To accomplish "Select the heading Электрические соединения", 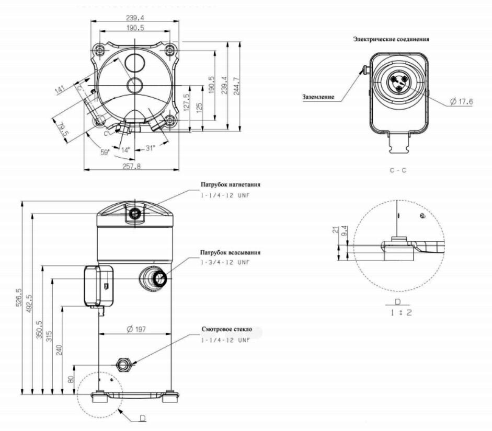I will coord(391,39).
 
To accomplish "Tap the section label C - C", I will coord(398,170).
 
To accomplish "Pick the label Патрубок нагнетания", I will coord(230,184).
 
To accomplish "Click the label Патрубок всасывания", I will coord(230,252).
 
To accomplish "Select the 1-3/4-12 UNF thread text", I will coord(225,262).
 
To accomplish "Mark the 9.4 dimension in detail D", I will coord(344,229).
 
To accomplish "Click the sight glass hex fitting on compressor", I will coord(124,364).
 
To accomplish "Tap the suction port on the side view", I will coord(157,278).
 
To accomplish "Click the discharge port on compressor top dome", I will coord(135,213).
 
